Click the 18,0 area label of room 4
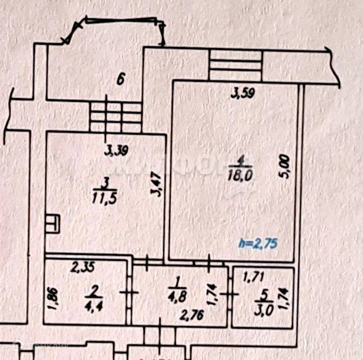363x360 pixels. click(x=243, y=175)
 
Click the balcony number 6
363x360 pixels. click(x=121, y=80)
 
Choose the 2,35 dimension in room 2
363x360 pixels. click(x=83, y=265)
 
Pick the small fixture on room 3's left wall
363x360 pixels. click(x=53, y=221)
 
